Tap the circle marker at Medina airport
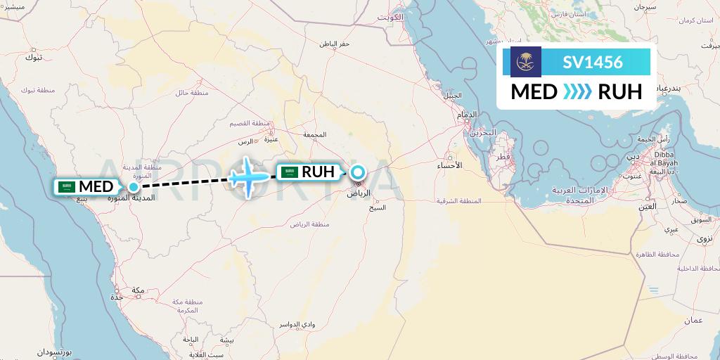(133, 186)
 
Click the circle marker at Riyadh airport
(358, 172)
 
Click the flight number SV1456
(593, 62)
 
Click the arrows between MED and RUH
(577, 92)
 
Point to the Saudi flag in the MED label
(67, 187)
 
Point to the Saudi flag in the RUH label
(290, 172)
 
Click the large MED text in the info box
(534, 92)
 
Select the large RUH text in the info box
(619, 92)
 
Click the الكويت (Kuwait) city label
(391, 16)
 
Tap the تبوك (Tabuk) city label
(33, 57)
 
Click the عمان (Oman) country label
(694, 320)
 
